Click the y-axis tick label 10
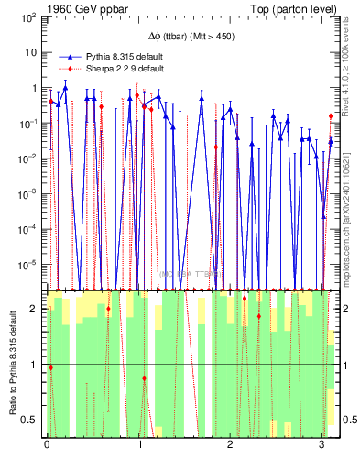click(31, 53)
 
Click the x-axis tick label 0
click(47, 445)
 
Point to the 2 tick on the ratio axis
click(35, 309)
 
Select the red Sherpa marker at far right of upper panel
click(331, 115)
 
